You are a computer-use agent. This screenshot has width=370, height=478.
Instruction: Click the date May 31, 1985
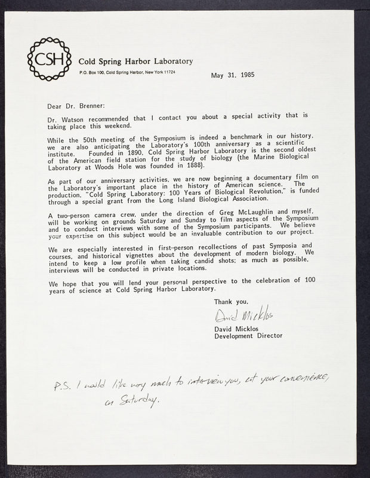(x=232, y=75)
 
